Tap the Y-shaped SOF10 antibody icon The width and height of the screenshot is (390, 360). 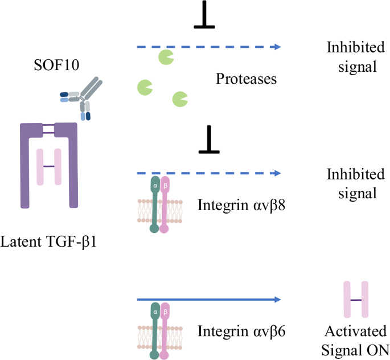pyautogui.click(x=84, y=97)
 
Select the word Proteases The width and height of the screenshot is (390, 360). pyautogui.click(x=246, y=79)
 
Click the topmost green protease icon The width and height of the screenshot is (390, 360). pyautogui.click(x=166, y=57)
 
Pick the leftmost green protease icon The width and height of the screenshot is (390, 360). pyautogui.click(x=145, y=87)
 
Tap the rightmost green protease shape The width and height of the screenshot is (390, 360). pyautogui.click(x=180, y=99)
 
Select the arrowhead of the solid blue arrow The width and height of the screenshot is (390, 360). pyautogui.click(x=277, y=299)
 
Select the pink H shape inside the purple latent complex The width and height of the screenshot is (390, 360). pyautogui.click(x=49, y=166)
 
